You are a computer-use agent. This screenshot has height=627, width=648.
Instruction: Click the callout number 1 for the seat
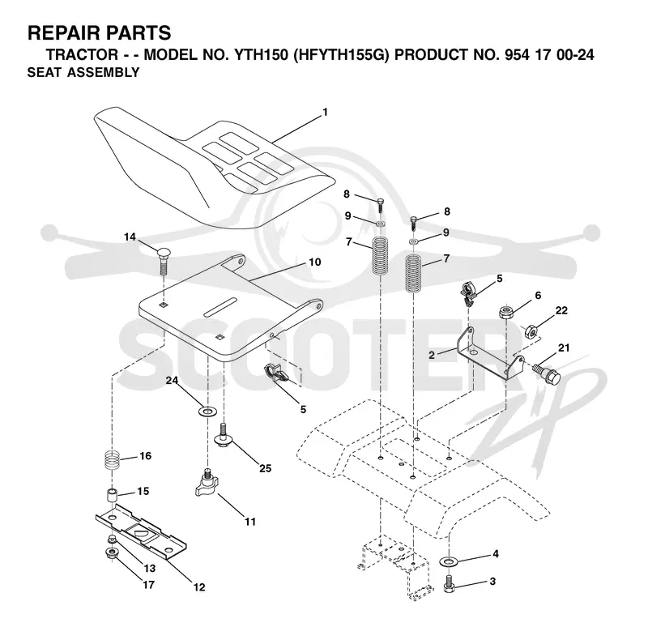pos(326,112)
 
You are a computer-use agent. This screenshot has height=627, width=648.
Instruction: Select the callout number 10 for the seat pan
pos(315,262)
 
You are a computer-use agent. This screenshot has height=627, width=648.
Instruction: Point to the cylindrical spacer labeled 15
pos(112,495)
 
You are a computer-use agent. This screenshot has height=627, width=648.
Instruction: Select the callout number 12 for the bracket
pos(199,587)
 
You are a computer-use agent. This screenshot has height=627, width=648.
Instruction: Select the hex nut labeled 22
pos(531,331)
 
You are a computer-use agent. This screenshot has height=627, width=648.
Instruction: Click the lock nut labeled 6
pos(505,312)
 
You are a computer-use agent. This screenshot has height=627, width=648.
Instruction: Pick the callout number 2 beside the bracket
pos(432,355)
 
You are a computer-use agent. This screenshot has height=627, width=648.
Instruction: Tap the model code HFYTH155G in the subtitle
pos(341,54)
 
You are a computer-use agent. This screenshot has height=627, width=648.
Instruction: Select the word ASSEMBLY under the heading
pos(104,72)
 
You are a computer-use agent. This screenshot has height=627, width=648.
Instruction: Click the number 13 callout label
pos(150,569)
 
